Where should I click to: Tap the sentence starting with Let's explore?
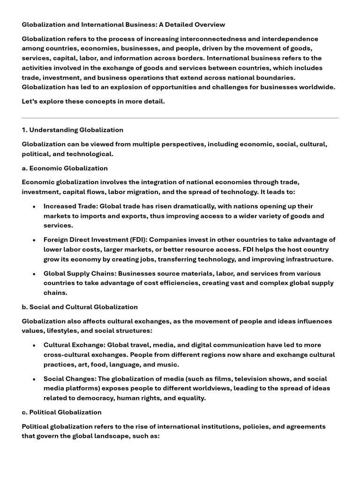(x=93, y=102)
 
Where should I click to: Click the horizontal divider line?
(x=180, y=118)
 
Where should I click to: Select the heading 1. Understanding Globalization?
(x=73, y=130)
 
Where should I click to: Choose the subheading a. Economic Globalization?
(x=65, y=168)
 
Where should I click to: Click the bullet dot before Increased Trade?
(x=34, y=206)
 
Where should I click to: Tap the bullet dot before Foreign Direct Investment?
(x=34, y=240)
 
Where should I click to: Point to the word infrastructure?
(x=304, y=259)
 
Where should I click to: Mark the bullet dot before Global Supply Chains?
(x=34, y=274)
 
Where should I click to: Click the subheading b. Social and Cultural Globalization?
(x=80, y=307)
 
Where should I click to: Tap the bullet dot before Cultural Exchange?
(x=34, y=345)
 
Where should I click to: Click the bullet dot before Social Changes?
(x=34, y=379)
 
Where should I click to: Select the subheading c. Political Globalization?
(x=61, y=412)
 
